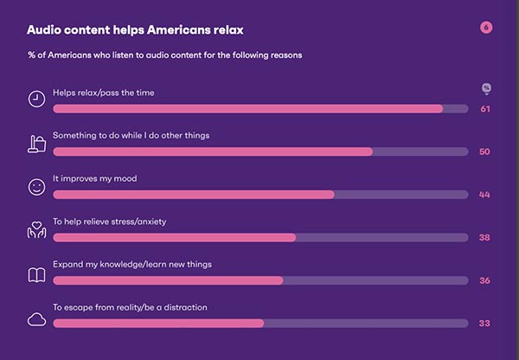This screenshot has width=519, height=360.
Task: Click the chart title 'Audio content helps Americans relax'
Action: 135,29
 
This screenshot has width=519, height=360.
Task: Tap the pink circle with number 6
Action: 486,28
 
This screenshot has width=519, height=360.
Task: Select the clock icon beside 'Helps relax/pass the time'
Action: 36,99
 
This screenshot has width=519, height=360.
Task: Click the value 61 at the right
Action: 485,109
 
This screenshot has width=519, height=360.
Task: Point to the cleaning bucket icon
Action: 36,144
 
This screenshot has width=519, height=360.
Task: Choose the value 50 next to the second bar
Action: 484,151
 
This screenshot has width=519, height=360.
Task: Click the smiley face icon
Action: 36,187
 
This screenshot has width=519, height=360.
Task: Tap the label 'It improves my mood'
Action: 94,178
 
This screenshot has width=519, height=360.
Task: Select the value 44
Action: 484,195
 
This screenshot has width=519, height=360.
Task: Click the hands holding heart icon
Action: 36,230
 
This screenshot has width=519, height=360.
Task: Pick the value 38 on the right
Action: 484,237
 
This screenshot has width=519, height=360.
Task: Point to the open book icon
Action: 36,275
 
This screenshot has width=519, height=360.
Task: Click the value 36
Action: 485,280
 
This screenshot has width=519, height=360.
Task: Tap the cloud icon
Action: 36,319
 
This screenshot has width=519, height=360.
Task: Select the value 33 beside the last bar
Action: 484,324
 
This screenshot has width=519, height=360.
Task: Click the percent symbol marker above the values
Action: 486,88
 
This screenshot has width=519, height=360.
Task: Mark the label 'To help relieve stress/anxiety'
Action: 110,222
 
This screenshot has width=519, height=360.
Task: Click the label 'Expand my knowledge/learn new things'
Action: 132,264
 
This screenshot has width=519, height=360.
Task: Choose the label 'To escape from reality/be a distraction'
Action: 130,307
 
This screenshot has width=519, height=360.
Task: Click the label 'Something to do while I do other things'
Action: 131,136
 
